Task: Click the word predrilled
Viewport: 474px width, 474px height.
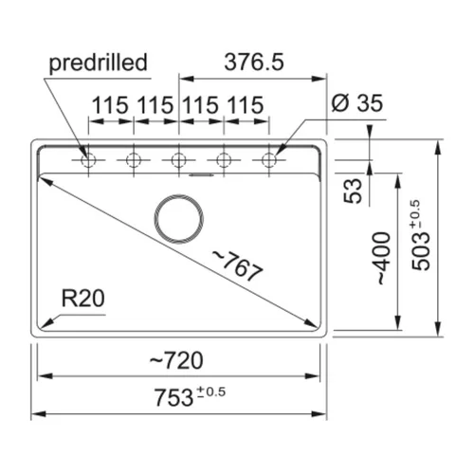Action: [99, 64]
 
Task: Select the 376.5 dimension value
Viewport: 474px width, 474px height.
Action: [254, 62]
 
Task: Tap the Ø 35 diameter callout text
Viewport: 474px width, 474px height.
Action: [357, 103]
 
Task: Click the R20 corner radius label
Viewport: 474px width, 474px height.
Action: [82, 299]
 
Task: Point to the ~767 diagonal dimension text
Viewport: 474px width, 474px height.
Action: [238, 265]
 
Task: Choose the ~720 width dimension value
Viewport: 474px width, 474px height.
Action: [176, 360]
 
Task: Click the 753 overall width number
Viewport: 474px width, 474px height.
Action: [173, 397]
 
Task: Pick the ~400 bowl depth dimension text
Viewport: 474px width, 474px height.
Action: [384, 258]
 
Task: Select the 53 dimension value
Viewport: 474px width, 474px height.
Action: [353, 191]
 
